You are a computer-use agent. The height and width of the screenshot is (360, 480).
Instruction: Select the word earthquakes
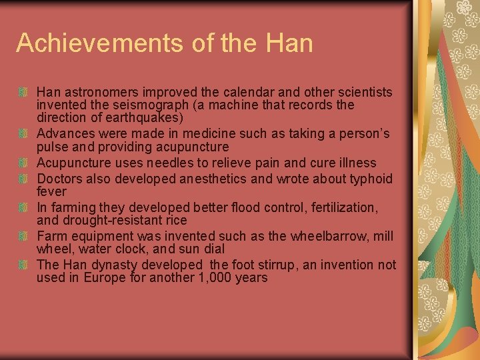[x=147, y=118]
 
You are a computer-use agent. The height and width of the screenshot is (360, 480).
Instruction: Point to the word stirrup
[x=273, y=265]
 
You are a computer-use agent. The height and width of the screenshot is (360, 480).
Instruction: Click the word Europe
[x=105, y=277]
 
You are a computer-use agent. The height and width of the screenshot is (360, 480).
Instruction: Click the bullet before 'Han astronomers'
[x=23, y=92]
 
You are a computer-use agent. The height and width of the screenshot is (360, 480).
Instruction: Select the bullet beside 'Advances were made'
[x=23, y=134]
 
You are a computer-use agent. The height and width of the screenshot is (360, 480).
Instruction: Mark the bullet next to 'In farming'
[x=23, y=207]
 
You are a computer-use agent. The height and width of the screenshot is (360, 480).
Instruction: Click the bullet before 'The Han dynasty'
[x=23, y=265]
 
